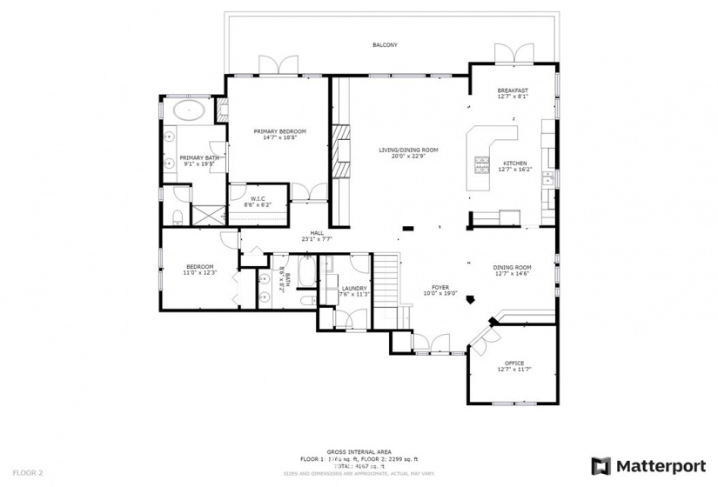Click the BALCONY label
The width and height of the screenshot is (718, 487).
coord(385,44)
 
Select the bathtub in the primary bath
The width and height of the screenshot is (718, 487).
coord(189,110)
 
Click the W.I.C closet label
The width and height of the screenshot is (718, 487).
coord(258,202)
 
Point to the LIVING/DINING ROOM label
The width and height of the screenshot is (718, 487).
coord(407,152)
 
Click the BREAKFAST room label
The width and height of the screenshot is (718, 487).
coord(513,93)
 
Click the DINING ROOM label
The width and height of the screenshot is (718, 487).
coord(512,270)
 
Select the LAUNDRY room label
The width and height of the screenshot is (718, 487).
coord(354,290)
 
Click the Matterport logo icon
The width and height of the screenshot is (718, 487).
coord(601,465)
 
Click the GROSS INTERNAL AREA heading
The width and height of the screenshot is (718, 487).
coord(358,451)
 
